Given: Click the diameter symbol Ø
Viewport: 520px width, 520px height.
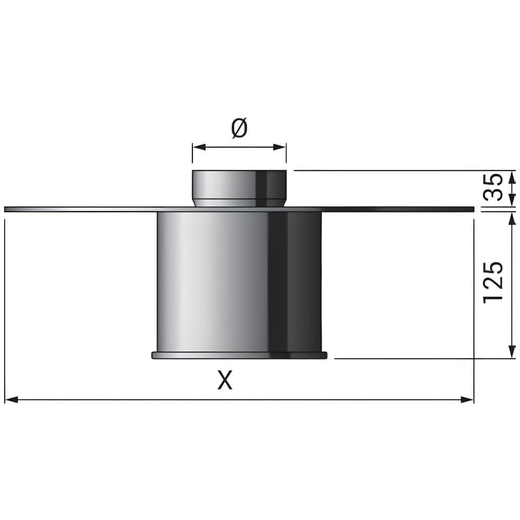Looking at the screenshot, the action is tap(239, 128).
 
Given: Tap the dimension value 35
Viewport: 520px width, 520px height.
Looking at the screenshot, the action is tap(492, 187).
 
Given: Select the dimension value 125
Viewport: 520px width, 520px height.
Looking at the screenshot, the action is tap(493, 282).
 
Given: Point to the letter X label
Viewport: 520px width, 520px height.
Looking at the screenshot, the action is tap(225, 380).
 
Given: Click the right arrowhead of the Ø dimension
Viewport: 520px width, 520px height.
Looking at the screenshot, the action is tap(280, 147).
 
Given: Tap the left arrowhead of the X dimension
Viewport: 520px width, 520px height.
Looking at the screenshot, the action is tap(11, 399).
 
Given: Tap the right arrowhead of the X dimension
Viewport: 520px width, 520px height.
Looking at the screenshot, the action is tap(467, 399).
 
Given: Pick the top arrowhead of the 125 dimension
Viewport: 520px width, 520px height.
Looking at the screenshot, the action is tap(512, 219).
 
